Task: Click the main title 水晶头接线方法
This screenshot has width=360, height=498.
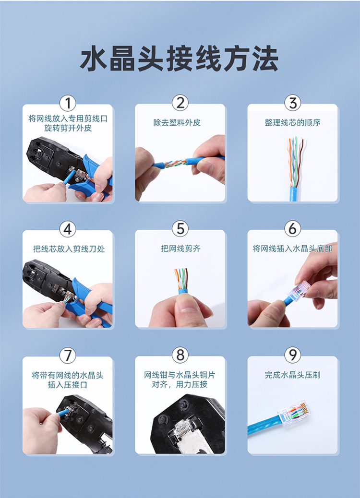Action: click(x=179, y=59)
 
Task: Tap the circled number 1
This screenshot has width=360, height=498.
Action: click(x=68, y=103)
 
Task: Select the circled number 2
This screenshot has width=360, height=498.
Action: click(x=180, y=103)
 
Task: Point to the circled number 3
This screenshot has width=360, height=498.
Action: click(x=293, y=103)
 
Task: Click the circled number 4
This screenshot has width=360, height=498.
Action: click(x=68, y=229)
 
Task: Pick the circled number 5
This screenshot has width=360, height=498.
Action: click(x=180, y=229)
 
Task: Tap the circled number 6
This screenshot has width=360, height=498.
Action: click(x=293, y=228)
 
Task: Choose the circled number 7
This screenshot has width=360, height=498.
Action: click(x=68, y=356)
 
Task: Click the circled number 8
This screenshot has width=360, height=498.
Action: click(x=180, y=355)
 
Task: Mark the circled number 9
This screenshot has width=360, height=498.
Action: click(x=293, y=355)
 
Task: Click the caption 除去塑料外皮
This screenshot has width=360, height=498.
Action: click(x=177, y=123)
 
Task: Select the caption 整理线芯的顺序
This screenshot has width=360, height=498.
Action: click(x=293, y=123)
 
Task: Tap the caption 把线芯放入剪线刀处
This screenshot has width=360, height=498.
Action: click(x=69, y=249)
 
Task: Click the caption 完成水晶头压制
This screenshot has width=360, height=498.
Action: click(x=293, y=375)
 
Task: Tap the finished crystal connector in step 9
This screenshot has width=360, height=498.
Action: click(x=294, y=413)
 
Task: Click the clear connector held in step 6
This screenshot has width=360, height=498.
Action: click(x=299, y=291)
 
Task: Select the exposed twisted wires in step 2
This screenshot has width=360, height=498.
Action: click(x=175, y=164)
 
